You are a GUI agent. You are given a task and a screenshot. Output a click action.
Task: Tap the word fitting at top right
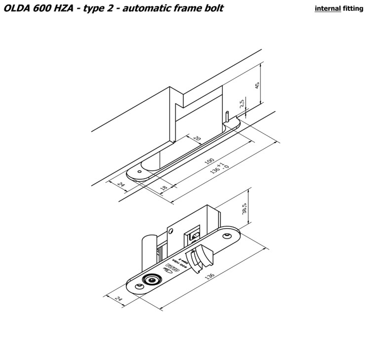(x=353, y=9)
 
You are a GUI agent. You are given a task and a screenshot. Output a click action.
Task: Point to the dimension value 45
(x=257, y=85)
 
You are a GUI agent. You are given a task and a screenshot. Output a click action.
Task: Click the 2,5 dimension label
(x=242, y=104)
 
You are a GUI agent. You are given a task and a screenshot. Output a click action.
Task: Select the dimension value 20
(x=197, y=139)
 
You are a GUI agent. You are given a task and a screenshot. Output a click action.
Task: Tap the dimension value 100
(x=209, y=162)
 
